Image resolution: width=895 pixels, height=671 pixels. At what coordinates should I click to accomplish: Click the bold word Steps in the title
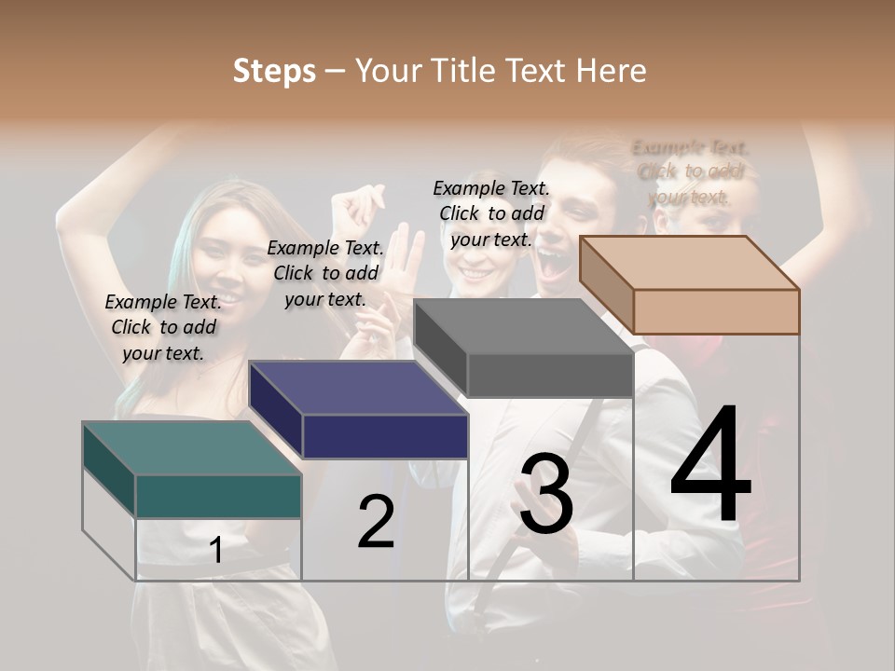click(x=274, y=71)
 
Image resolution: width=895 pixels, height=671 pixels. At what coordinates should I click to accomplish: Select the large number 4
click(x=710, y=466)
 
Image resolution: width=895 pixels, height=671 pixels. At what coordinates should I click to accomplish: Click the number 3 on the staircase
click(x=546, y=494)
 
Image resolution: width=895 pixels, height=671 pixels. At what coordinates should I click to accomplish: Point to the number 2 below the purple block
click(x=376, y=522)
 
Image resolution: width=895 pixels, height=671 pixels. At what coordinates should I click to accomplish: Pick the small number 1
click(x=216, y=550)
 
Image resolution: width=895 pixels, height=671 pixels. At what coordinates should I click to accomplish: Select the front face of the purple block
click(x=385, y=436)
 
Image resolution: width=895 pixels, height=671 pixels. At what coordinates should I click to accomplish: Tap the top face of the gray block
click(x=522, y=326)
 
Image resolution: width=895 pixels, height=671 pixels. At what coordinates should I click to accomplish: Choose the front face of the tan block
click(x=716, y=311)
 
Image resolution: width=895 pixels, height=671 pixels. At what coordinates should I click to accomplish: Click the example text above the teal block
click(x=163, y=327)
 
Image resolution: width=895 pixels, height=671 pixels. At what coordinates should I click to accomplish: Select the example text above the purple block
click(x=325, y=273)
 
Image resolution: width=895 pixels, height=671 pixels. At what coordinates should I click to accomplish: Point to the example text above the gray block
click(x=491, y=213)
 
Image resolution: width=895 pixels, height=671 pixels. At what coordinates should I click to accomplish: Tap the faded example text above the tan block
click(x=690, y=172)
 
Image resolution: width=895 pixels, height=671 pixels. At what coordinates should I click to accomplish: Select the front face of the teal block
click(x=218, y=496)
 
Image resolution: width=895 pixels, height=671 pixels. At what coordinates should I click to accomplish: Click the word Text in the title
click(x=537, y=71)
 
